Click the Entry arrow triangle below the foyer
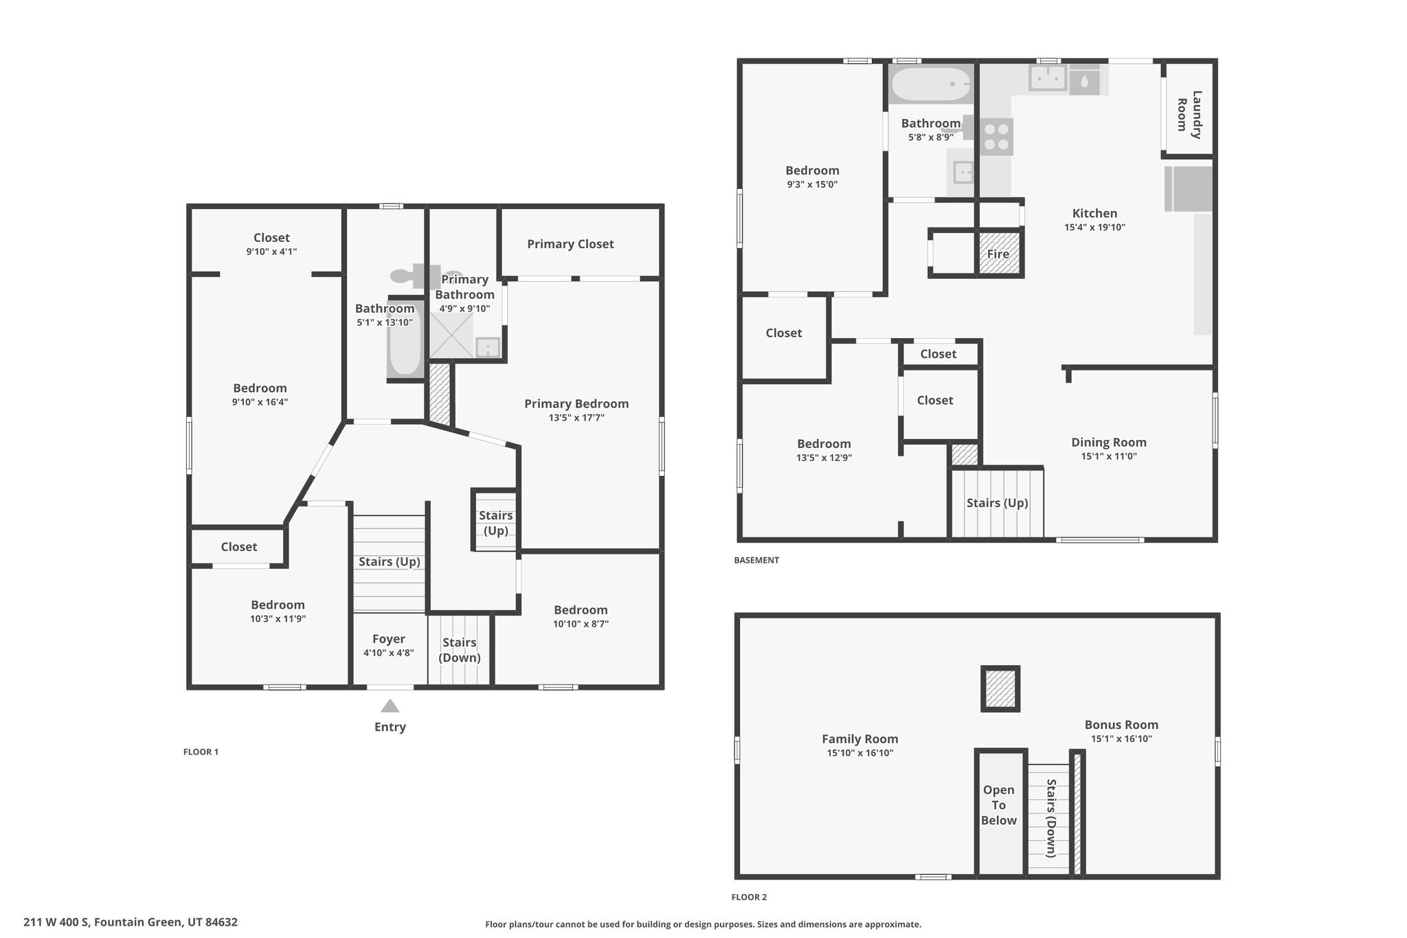[390, 706]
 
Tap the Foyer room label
[389, 639]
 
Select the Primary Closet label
[570, 244]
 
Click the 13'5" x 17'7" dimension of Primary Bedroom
[576, 418]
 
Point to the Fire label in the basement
[998, 254]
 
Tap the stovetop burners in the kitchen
[996, 137]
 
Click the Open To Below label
[998, 805]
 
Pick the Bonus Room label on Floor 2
[1121, 724]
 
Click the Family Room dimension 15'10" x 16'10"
[860, 753]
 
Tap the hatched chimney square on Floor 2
[1000, 689]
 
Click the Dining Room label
[1109, 443]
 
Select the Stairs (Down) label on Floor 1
[459, 650]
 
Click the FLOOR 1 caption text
[201, 752]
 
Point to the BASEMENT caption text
[756, 560]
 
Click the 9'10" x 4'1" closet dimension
[271, 252]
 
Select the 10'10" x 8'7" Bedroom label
[581, 610]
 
